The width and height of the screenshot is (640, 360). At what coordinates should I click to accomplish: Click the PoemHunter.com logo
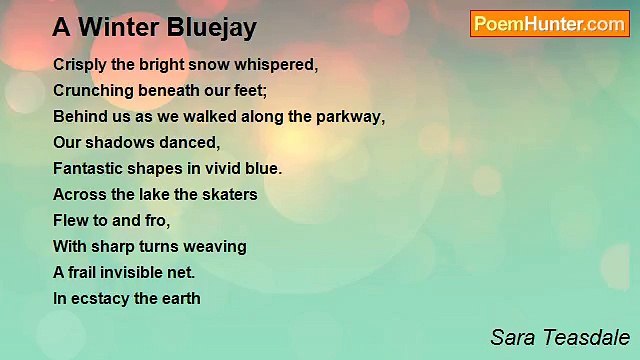coord(549,24)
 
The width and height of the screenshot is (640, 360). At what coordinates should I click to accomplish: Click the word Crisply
coord(80,64)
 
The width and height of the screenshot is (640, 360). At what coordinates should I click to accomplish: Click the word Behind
coord(78,116)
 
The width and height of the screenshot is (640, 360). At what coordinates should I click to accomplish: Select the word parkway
coord(351,116)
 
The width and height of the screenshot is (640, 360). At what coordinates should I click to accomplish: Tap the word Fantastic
coord(89,168)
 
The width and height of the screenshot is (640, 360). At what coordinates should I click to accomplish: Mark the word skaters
coord(230,194)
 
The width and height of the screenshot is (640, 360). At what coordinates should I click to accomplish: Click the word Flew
coord(70,220)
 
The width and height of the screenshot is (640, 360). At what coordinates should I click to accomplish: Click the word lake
coord(149,194)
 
